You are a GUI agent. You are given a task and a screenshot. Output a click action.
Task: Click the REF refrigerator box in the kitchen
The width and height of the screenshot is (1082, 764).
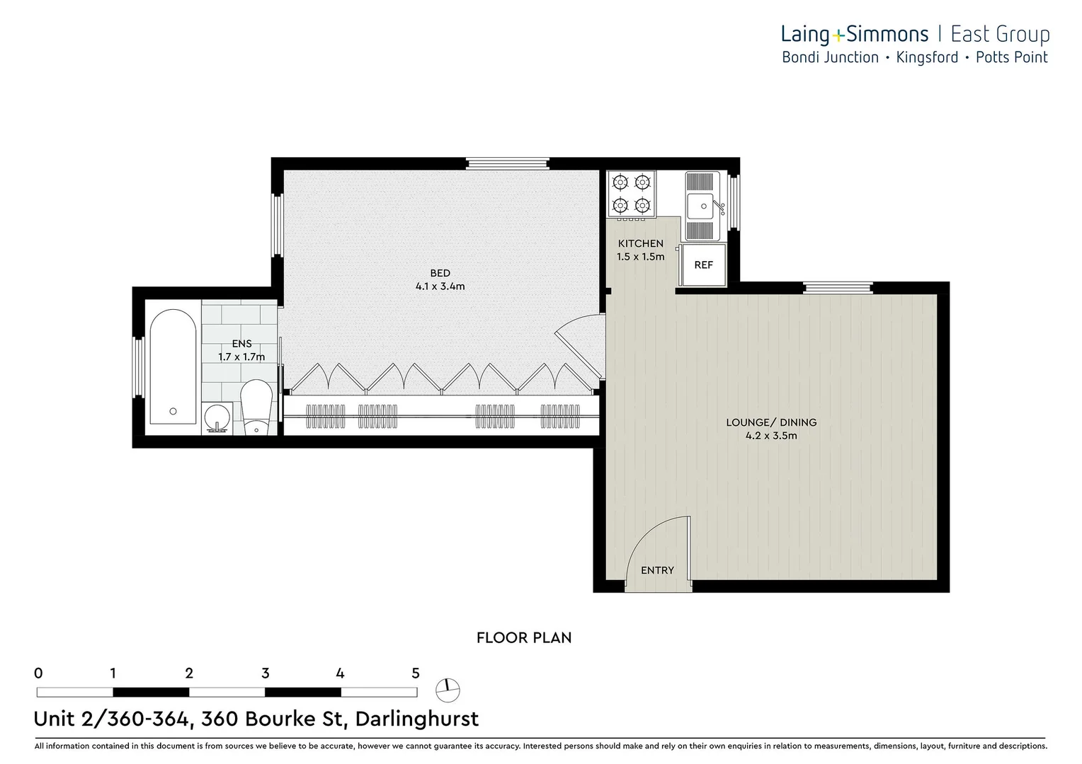[703, 265]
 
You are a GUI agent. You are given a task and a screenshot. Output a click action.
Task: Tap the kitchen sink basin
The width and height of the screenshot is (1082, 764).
[702, 206]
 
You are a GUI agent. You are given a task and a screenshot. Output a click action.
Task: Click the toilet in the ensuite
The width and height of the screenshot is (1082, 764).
[256, 409]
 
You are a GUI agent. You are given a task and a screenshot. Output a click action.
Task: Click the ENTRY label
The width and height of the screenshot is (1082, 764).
[657, 570]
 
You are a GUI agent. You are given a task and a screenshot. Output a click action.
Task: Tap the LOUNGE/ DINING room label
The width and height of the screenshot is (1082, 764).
[771, 422]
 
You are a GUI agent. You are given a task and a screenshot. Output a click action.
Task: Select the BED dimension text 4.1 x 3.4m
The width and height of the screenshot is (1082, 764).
[440, 286]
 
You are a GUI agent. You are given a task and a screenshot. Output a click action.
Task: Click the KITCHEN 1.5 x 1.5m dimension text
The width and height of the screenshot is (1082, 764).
[640, 257]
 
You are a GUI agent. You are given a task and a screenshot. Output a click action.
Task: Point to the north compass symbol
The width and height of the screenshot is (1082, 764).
[448, 689]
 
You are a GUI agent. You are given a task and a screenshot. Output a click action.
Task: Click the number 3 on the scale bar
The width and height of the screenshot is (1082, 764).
[265, 673]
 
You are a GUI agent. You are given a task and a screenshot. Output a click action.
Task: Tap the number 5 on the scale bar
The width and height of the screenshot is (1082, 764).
[416, 673]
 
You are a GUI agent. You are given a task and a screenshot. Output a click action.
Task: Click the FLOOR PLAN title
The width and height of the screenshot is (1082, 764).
[523, 637]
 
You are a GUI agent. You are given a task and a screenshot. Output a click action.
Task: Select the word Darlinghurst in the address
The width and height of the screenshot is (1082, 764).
[416, 719]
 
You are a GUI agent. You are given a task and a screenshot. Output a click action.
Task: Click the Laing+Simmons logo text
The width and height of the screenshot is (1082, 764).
[854, 34]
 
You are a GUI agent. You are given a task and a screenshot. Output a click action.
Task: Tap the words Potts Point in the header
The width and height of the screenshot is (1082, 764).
[1011, 57]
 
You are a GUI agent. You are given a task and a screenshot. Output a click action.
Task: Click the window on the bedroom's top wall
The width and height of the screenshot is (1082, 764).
[507, 163]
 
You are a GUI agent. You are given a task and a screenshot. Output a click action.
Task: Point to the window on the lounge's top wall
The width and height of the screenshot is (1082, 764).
[838, 288]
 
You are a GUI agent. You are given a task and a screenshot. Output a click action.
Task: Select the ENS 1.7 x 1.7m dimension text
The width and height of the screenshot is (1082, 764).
[241, 357]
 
